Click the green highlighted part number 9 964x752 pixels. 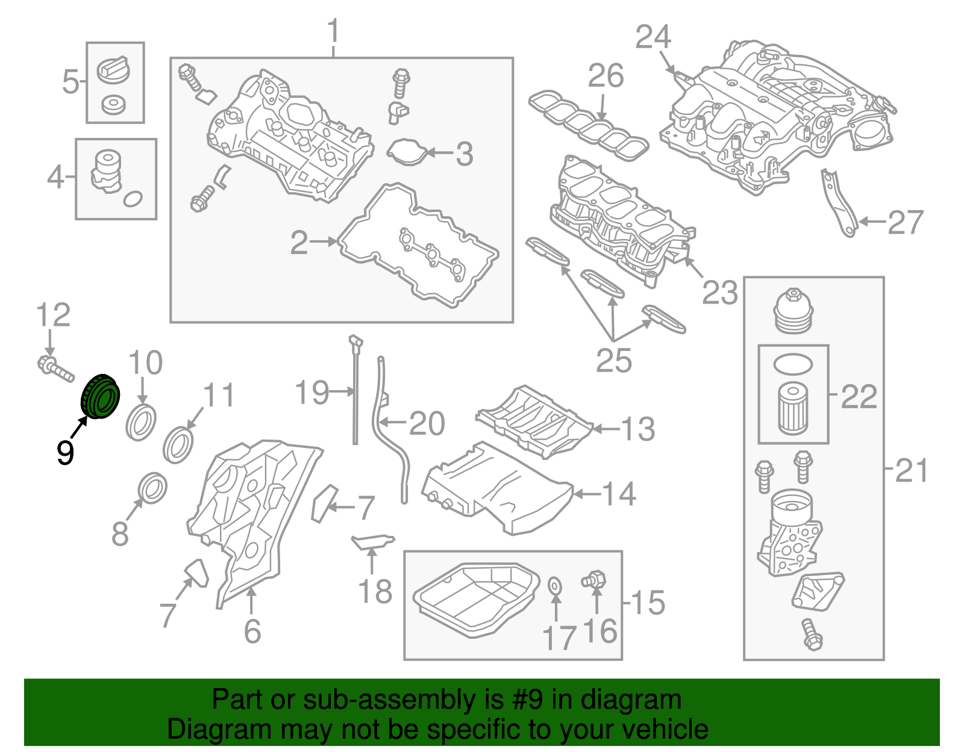(101, 397)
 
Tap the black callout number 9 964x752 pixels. (65, 452)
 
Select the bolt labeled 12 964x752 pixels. (55, 369)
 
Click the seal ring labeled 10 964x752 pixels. (141, 423)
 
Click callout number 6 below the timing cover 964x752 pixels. (252, 630)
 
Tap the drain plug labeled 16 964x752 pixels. (593, 580)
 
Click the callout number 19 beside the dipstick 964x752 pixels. (312, 393)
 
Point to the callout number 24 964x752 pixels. (653, 37)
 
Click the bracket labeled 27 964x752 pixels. (839, 203)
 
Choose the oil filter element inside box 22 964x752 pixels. (792, 409)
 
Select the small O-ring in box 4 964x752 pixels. (133, 198)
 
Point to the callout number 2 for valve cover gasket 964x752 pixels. (299, 243)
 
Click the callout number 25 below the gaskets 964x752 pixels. (613, 361)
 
